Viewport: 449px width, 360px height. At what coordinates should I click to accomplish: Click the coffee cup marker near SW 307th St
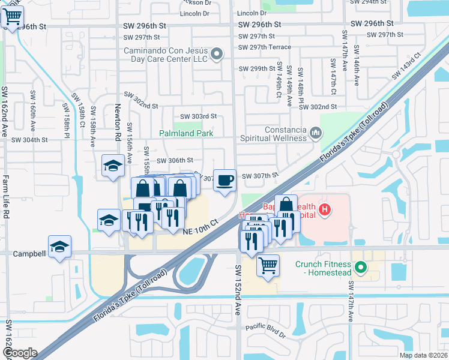224,180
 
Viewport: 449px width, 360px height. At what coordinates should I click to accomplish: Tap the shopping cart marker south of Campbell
268,265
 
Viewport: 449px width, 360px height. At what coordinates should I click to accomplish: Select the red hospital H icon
325,209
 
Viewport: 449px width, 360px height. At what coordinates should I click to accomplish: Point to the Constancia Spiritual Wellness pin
316,131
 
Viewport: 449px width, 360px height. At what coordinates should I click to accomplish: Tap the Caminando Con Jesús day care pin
217,55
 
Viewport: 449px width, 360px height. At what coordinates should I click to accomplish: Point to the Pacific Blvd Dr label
265,328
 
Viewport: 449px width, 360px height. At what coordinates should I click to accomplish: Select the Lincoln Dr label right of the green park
252,13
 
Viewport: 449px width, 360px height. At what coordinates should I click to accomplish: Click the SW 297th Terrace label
265,47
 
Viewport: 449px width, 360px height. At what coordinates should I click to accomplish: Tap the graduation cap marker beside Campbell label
60,247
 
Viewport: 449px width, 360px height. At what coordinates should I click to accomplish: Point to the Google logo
20,353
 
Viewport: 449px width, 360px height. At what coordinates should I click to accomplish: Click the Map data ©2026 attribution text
423,355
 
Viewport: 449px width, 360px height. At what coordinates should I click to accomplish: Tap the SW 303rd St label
198,116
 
